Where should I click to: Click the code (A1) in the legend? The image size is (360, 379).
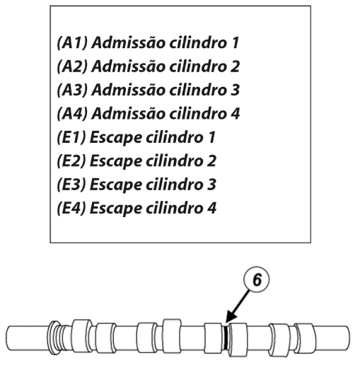(x=72, y=43)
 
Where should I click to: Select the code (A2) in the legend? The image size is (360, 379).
(x=72, y=66)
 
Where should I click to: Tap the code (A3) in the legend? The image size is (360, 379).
(x=72, y=90)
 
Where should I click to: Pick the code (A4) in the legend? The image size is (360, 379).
(x=72, y=114)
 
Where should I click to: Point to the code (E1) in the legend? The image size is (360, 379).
(x=71, y=137)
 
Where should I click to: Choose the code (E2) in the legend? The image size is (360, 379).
(x=71, y=161)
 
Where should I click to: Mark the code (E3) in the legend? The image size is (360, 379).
(x=71, y=184)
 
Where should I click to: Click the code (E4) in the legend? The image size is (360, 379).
(x=71, y=208)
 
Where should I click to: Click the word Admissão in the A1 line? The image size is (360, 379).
(x=129, y=43)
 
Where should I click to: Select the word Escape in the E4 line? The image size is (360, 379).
(x=116, y=209)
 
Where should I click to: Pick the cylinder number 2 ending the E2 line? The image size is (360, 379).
(x=211, y=161)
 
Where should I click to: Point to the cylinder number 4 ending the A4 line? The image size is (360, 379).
(x=235, y=114)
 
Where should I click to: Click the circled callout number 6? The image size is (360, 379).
(x=257, y=280)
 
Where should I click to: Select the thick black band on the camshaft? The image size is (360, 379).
(x=226, y=337)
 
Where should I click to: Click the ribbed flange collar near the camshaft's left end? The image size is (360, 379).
(x=54, y=337)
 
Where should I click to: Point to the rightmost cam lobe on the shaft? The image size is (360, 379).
(x=305, y=337)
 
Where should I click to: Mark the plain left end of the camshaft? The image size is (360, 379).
(x=28, y=338)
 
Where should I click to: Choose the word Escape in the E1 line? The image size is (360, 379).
(x=116, y=138)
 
